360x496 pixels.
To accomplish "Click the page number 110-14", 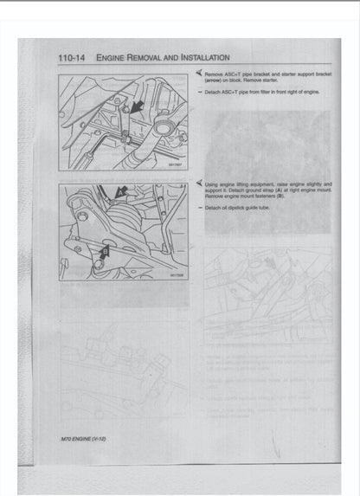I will click(72, 59).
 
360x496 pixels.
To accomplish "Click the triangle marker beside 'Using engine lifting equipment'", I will click(199, 184).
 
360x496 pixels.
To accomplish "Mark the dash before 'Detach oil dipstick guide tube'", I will click(199, 207).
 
